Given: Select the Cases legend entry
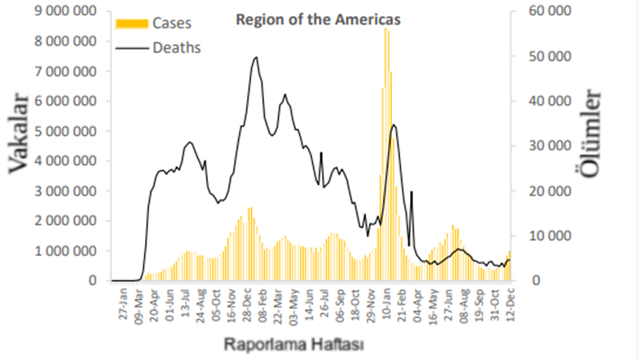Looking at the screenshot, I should [172, 23].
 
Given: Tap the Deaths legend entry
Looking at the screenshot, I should [176, 47].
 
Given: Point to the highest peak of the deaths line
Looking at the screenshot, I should [256, 57].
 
